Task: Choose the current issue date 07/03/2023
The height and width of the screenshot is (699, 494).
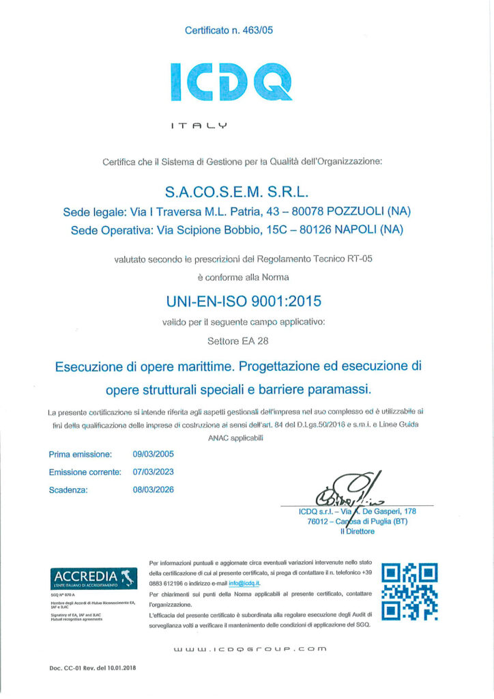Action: (154, 472)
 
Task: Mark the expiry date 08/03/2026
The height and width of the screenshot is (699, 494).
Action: (154, 489)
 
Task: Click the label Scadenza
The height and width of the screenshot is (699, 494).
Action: (68, 489)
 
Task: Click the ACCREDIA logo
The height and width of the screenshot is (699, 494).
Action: (90, 577)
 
